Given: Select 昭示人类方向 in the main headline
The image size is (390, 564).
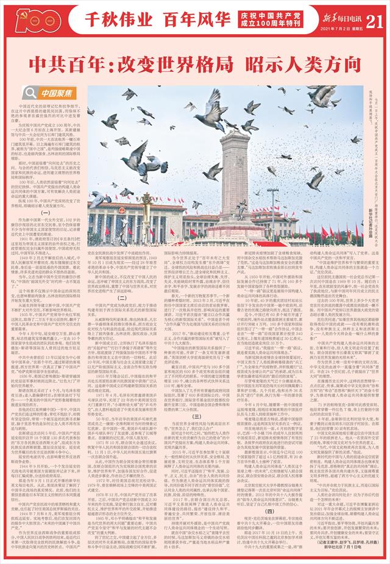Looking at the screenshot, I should point(286,61).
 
